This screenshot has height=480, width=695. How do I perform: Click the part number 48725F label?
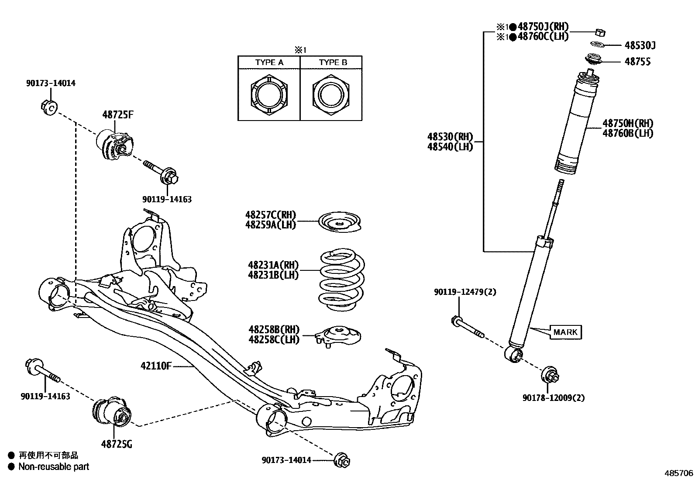(x=118, y=115)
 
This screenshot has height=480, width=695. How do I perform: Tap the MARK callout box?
(x=565, y=332)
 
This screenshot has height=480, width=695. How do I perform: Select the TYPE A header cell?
(x=269, y=62)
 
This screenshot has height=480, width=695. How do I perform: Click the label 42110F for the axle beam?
(x=156, y=366)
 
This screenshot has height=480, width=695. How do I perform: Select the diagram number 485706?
(x=678, y=473)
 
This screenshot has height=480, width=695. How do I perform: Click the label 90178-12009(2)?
(x=553, y=397)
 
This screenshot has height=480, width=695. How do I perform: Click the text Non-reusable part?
(x=53, y=466)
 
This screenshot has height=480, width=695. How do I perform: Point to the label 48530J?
(x=640, y=45)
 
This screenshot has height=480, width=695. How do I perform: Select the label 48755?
(x=637, y=62)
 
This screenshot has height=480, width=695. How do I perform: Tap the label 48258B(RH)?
(x=274, y=330)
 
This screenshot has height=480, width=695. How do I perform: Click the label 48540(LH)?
(x=450, y=147)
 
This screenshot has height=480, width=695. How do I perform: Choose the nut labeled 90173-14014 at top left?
(x=49, y=107)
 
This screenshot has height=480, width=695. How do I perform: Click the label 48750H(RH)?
(x=627, y=124)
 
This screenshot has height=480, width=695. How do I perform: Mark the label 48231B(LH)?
(x=273, y=275)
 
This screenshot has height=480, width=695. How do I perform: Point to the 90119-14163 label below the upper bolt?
(x=167, y=199)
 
